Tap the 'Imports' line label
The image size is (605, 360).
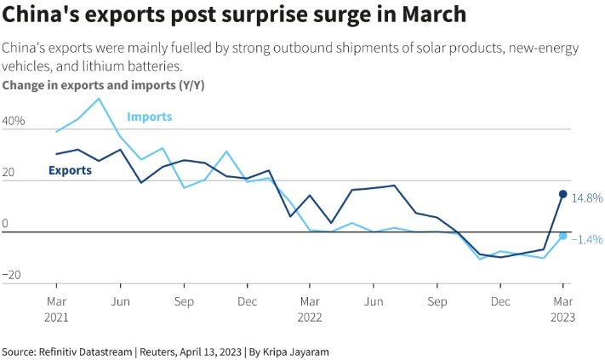149,117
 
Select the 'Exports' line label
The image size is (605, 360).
70,170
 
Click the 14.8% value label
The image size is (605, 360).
586,197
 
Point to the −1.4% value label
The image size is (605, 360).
585,240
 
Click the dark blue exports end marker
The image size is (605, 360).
562,194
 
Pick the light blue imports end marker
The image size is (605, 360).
562,235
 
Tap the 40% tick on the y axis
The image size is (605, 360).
14,122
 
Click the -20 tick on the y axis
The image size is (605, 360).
12,276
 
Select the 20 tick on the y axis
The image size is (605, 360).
9,174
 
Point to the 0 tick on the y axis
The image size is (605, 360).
5,225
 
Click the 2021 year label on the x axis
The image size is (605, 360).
56,316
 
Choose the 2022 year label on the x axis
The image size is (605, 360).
310,316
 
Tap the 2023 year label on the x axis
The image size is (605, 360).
562,316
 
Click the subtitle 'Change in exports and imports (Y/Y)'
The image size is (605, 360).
103,85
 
